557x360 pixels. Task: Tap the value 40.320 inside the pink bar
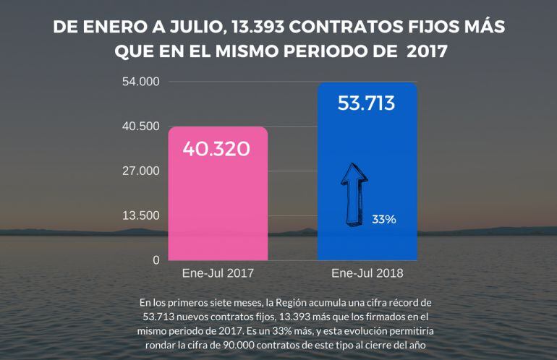(x=216, y=149)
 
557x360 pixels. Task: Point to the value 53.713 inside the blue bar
(x=366, y=103)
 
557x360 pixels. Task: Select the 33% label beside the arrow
(x=383, y=219)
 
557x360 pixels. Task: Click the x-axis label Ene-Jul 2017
(x=217, y=274)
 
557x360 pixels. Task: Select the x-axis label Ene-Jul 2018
(x=367, y=274)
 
